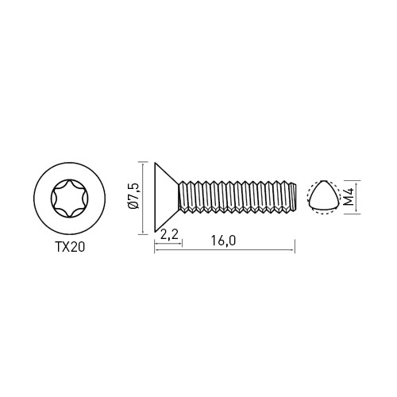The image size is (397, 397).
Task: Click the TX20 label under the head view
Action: pyautogui.click(x=70, y=247)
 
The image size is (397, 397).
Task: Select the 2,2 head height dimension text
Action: pyautogui.click(x=168, y=234)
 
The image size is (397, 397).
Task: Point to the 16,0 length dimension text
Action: pyautogui.click(x=223, y=241)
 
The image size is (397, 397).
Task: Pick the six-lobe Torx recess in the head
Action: pyautogui.click(x=70, y=198)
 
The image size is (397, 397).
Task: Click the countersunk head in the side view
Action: pyautogui.click(x=167, y=198)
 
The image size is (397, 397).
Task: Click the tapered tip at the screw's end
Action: pyautogui.click(x=293, y=197)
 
